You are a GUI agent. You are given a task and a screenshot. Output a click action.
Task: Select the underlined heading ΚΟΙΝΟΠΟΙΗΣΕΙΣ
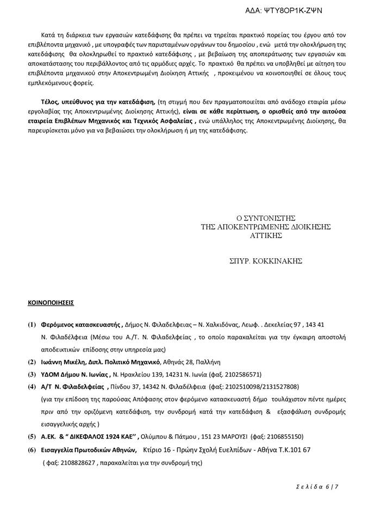[51, 300]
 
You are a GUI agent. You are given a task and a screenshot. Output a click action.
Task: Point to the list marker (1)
[32, 325]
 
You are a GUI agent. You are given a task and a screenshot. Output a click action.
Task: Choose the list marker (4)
[32, 386]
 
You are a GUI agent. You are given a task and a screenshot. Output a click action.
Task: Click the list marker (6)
[32, 450]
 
